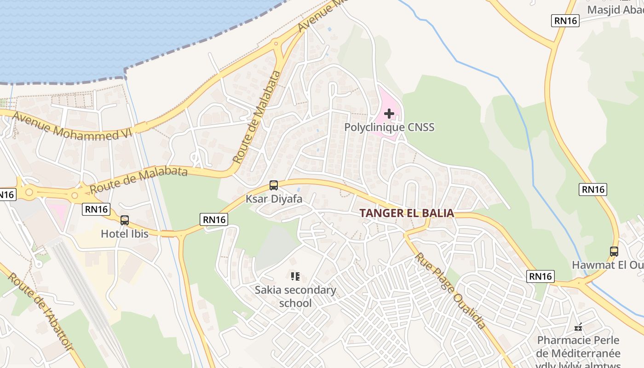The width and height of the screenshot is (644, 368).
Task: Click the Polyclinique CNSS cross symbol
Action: point(389,113)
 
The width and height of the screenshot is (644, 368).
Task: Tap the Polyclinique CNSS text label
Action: point(389,127)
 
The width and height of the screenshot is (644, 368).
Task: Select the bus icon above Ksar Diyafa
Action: point(274,185)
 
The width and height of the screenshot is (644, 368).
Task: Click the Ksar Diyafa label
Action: point(274,199)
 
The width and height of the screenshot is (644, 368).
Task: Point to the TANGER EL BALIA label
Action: point(407,213)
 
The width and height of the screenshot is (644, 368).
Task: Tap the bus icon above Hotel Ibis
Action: point(125,220)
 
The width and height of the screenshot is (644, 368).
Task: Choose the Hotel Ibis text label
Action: point(125,234)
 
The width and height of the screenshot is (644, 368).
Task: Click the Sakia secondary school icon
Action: point(295,276)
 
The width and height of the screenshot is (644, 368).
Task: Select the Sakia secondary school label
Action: point(295,297)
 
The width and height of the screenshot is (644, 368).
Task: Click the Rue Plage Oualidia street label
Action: point(451,291)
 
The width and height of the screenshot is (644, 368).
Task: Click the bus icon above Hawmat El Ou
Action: point(614,252)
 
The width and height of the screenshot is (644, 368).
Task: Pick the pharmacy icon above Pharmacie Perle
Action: point(579,327)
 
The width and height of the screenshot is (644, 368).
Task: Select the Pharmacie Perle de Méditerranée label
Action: point(579,347)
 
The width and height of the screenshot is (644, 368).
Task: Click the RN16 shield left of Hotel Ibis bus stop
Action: point(97,210)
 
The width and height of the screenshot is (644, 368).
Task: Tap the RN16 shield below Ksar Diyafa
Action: point(214,220)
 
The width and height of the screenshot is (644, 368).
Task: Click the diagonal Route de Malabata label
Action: point(257,117)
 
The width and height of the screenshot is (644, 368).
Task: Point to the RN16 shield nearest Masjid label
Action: point(565,20)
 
